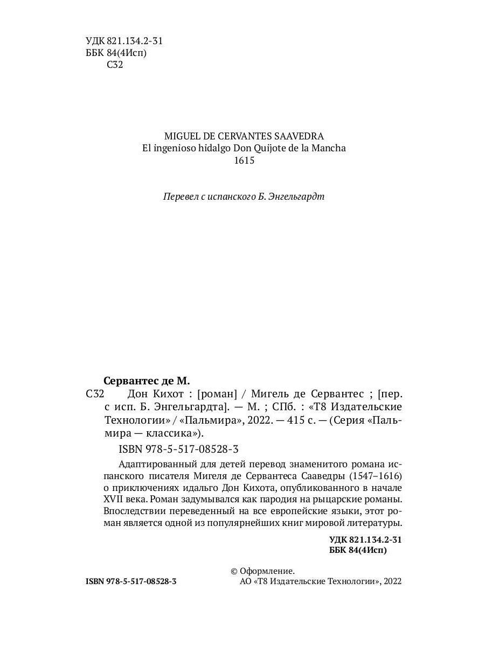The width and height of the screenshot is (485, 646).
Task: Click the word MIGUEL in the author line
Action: click(x=182, y=136)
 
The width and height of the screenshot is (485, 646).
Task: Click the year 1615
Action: click(x=244, y=160)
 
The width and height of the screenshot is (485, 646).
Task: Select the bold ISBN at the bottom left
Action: click(x=131, y=582)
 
